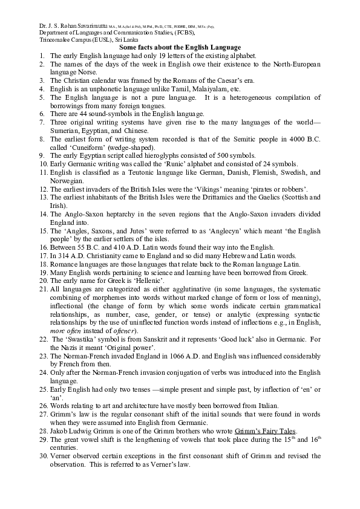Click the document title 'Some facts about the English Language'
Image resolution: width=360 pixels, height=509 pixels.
[180, 47]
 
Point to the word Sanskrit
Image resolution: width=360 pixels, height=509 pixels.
[155, 340]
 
